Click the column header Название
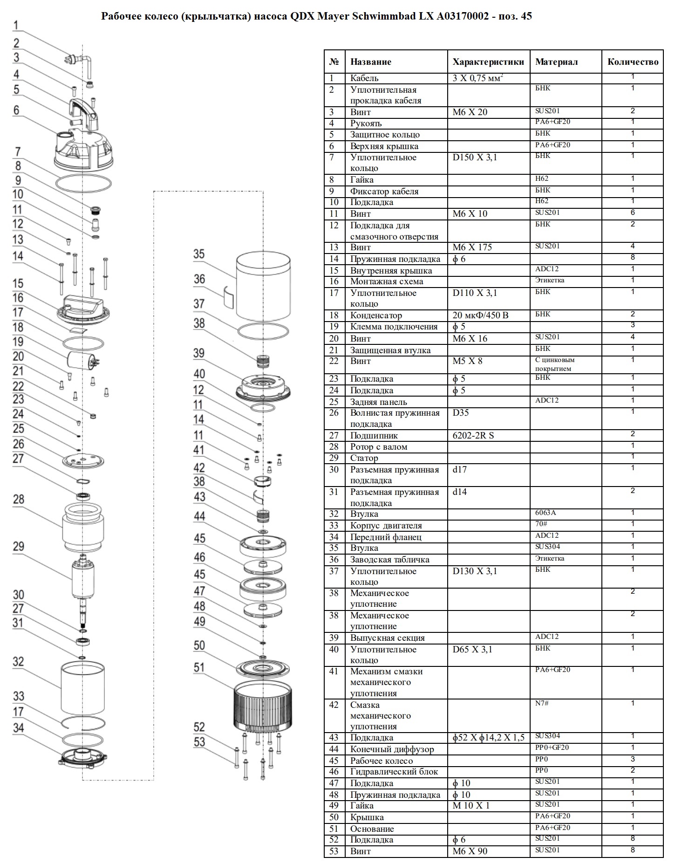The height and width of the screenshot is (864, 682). pyautogui.click(x=370, y=62)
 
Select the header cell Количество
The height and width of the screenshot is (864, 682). pyautogui.click(x=633, y=62)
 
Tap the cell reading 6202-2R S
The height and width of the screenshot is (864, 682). pyautogui.click(x=473, y=436)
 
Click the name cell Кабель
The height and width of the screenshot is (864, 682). pyautogui.click(x=364, y=78)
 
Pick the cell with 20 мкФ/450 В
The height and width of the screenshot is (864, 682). pyautogui.click(x=480, y=315)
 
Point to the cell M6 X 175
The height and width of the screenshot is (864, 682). pyautogui.click(x=472, y=247)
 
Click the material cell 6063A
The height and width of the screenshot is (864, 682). pyautogui.click(x=546, y=513)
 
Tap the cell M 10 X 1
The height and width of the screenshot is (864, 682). pyautogui.click(x=471, y=806)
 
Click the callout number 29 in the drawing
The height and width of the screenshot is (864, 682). pyautogui.click(x=18, y=547)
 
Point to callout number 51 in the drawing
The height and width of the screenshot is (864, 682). pyautogui.click(x=199, y=668)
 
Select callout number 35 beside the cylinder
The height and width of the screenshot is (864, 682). pyautogui.click(x=199, y=254)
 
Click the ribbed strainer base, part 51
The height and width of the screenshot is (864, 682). pyautogui.click(x=262, y=707)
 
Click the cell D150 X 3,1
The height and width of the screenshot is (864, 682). pyautogui.click(x=475, y=158)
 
